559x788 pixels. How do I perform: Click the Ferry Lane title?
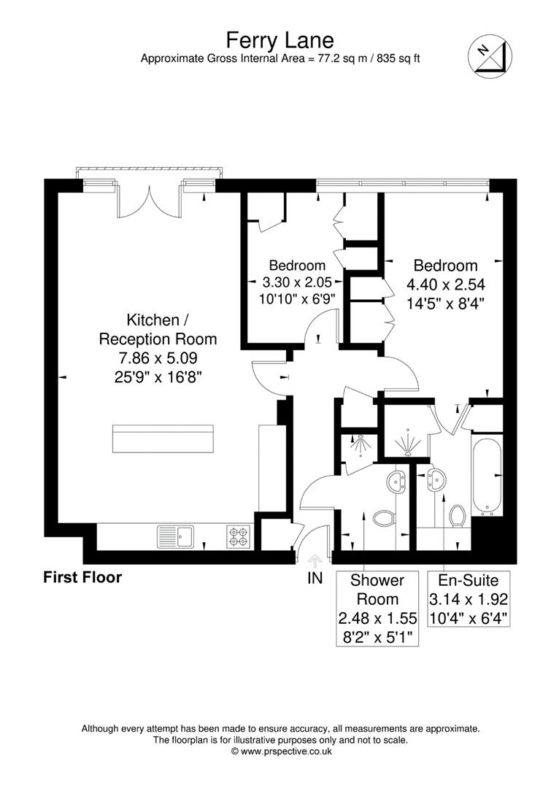coord(280,39)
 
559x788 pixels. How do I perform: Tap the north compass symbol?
coord(490,58)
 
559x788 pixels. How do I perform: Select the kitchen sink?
coord(175,537)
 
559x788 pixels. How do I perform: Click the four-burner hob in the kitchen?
coord(239,536)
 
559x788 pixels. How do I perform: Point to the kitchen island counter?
coord(163,439)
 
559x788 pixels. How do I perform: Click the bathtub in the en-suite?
coord(487,476)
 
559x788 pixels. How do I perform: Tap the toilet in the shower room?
coord(385,518)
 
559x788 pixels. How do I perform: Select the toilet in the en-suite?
coord(457,516)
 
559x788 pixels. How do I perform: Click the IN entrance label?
coord(315,579)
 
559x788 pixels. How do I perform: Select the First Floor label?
coord(82,577)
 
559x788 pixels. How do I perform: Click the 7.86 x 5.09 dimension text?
coord(158,358)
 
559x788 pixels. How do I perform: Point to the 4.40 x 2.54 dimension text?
coord(445,285)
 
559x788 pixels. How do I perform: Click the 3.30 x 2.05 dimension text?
coord(298,282)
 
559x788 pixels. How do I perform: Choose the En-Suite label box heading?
coord(469,581)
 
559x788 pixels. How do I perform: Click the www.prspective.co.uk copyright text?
coord(282,752)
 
